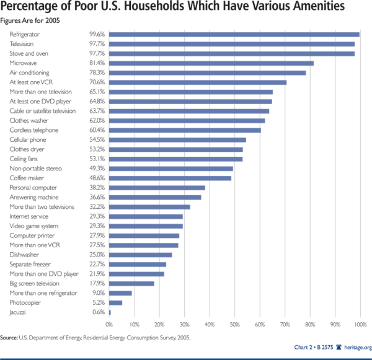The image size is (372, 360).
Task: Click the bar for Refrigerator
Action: [234, 35]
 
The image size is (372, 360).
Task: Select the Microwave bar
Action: [211, 63]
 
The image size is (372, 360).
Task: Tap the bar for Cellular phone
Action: [177, 139]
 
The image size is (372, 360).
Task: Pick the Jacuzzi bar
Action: [110, 312]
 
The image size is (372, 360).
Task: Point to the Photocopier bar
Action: [116, 302]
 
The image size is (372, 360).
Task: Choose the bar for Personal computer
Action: [157, 187]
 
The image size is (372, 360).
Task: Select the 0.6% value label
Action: [99, 312]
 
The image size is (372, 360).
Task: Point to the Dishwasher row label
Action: [24, 254]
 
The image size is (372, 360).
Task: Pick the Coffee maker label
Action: [25, 178]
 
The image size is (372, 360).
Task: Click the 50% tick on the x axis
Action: [234, 324]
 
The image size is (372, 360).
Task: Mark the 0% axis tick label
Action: [109, 324]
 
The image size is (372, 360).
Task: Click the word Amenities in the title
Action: [327, 9]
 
